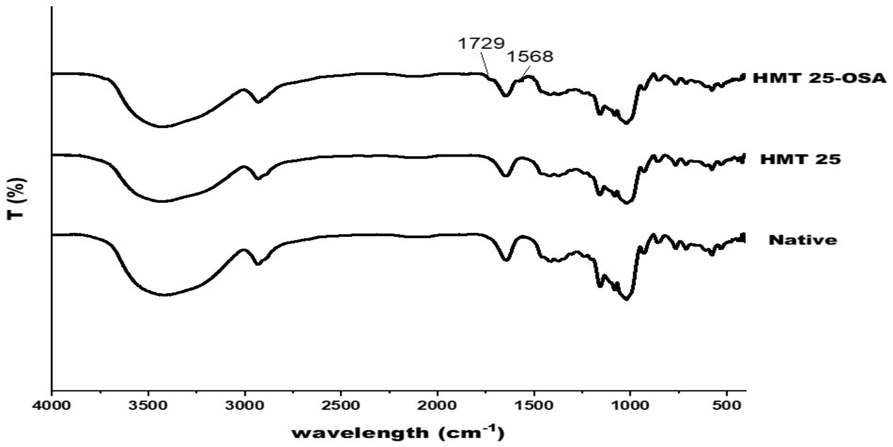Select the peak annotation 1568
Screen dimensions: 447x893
[x=530, y=57]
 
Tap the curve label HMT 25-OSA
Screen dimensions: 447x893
[x=819, y=79]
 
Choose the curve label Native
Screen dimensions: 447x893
[x=803, y=240]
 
